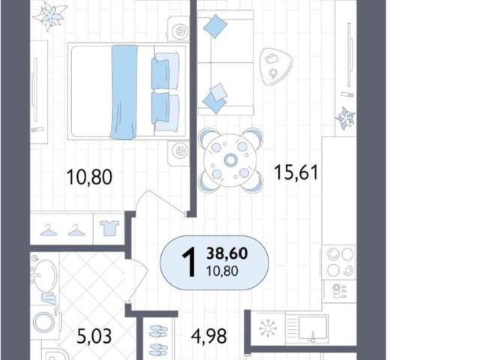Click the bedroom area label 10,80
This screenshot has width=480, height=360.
89,177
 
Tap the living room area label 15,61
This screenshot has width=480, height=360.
296,172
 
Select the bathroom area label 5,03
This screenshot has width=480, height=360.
94,337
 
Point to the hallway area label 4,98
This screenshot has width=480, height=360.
209,336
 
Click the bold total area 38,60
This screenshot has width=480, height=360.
227,253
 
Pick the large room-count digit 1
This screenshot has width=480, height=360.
189,262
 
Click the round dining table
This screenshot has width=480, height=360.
230,160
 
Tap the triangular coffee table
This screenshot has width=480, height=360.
275,66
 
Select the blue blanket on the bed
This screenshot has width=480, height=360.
124,91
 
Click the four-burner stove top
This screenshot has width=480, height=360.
338,262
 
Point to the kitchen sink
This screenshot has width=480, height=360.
313,328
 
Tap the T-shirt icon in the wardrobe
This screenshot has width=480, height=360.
109,228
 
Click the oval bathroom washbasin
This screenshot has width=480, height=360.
45,275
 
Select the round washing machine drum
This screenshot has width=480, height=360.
43,322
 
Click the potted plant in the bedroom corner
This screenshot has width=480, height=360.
50,15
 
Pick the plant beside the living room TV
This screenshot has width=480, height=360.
345,118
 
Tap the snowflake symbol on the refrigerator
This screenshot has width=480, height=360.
268,328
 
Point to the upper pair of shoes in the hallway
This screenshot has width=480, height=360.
158,331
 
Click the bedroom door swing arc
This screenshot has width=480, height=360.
160,200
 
